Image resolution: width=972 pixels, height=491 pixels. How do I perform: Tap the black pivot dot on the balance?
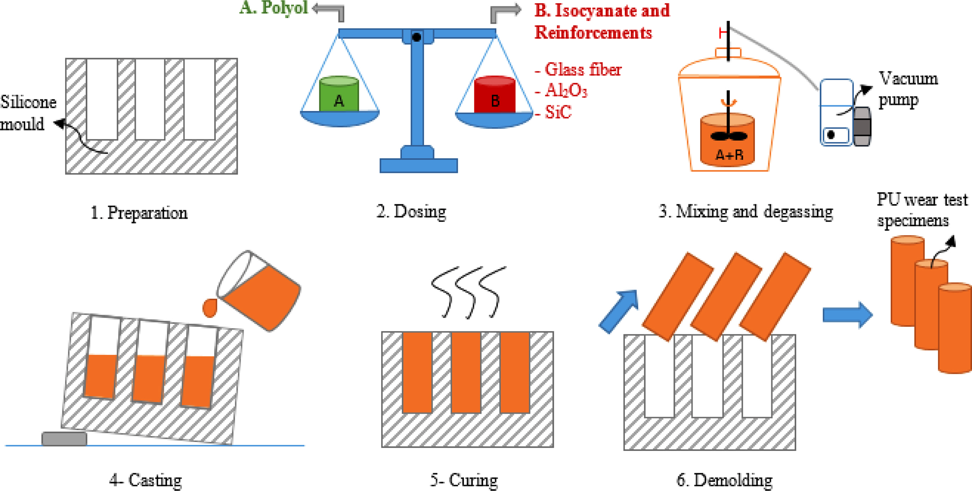[x=417, y=37]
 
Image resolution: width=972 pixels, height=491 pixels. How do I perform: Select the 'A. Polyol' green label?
[x=274, y=7]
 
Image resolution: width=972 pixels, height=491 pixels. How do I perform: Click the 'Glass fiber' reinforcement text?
[x=583, y=70]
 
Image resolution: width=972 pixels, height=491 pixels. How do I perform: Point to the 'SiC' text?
[x=558, y=112]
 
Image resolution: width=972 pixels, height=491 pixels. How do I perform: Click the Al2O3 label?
[x=566, y=91]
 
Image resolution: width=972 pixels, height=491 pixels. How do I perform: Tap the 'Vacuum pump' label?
[x=907, y=90]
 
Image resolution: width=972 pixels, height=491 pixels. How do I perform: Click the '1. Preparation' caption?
[x=139, y=213]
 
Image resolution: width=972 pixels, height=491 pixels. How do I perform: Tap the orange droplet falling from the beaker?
[x=210, y=308]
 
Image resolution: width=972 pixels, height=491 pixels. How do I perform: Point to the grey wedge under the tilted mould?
[x=64, y=439]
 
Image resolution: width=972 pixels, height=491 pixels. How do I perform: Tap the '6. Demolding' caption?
[x=724, y=480]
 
